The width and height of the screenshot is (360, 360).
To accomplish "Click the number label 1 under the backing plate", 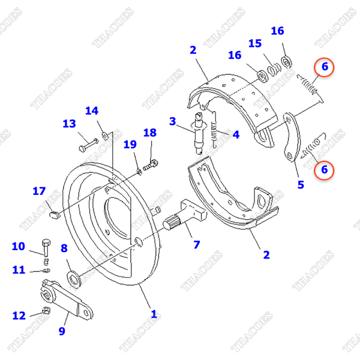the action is [154, 313].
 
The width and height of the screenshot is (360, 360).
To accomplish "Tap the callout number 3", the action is [173, 122].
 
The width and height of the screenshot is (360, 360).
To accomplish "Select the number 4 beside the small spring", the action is [236, 135].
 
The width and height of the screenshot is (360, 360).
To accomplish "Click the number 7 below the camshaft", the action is [196, 244].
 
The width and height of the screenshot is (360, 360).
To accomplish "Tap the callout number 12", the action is [19, 315].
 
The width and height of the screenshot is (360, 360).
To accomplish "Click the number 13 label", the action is [69, 124].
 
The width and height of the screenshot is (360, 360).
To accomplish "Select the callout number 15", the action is [255, 44].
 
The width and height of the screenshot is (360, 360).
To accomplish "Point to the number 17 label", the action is [39, 191].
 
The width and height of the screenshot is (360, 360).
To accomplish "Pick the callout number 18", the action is [149, 133].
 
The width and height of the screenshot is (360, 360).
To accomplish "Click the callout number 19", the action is [130, 145].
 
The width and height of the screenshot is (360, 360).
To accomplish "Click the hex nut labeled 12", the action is [45, 311].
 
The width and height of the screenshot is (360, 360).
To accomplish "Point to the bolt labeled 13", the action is [88, 144].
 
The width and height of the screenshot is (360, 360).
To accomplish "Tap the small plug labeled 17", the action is [54, 213].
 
